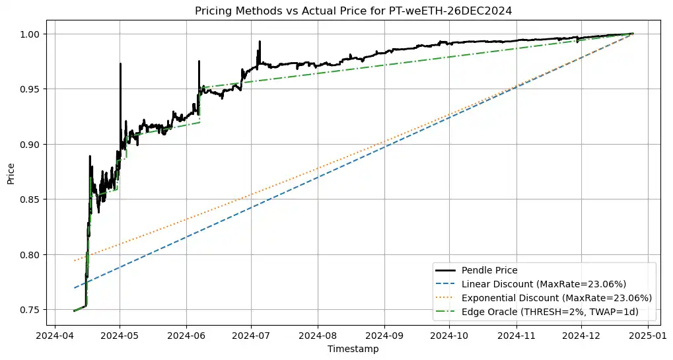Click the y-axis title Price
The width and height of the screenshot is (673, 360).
pos(11,173)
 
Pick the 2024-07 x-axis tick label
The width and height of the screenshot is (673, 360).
pos(252,335)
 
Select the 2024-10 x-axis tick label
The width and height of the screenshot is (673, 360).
pos(449,335)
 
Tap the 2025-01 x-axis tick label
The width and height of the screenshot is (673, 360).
pos(647,335)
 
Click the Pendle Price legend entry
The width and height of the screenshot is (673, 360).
pos(489,270)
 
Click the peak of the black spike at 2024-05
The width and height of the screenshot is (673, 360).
pos(120,64)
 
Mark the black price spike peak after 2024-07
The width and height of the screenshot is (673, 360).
pos(260,42)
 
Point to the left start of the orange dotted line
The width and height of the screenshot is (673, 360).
pos(74,261)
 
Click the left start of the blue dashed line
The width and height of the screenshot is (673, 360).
pos(74,288)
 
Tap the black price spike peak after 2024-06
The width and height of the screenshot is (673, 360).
pos(199,61)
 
